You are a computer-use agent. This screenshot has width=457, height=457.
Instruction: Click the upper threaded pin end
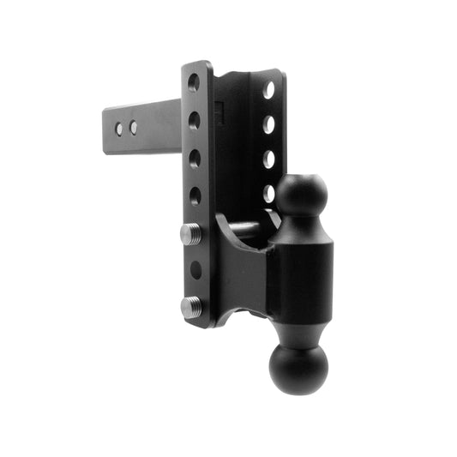189,232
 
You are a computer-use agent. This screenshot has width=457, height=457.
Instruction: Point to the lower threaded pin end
189,306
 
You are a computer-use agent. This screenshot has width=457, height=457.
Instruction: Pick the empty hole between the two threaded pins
196,269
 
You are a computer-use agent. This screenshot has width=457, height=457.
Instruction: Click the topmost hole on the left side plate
194,83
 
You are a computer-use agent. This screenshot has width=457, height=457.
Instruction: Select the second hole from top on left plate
195,120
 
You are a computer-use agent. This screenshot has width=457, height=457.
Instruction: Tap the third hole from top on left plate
195,158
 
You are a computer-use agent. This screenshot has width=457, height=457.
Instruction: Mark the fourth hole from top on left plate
195,195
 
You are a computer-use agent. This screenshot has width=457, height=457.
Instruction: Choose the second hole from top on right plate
269,124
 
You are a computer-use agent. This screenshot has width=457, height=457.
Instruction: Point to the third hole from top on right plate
269,159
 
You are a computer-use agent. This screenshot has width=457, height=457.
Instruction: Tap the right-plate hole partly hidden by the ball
269,193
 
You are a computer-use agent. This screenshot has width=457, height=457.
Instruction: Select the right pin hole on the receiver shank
134,128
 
